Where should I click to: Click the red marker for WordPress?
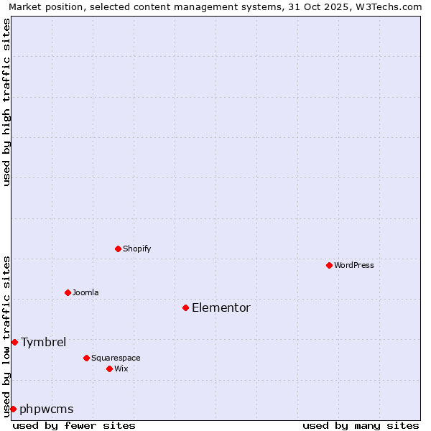(329, 265)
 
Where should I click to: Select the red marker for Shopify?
(118, 249)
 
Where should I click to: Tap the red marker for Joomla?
(68, 292)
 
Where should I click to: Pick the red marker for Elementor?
(185, 307)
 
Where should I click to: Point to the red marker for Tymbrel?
(14, 342)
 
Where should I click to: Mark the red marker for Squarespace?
(86, 358)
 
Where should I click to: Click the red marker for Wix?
(109, 369)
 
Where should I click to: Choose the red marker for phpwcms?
(13, 409)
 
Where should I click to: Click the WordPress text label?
(354, 265)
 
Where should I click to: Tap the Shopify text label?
(136, 249)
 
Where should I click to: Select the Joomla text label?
(85, 292)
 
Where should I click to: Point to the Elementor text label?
(221, 307)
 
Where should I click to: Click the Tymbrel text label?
(43, 342)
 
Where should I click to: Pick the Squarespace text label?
(116, 358)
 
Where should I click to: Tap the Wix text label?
(121, 369)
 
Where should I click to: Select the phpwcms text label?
(47, 409)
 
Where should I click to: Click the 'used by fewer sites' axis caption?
(74, 425)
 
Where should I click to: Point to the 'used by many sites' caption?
(361, 425)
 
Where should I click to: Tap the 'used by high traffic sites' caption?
(6, 102)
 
